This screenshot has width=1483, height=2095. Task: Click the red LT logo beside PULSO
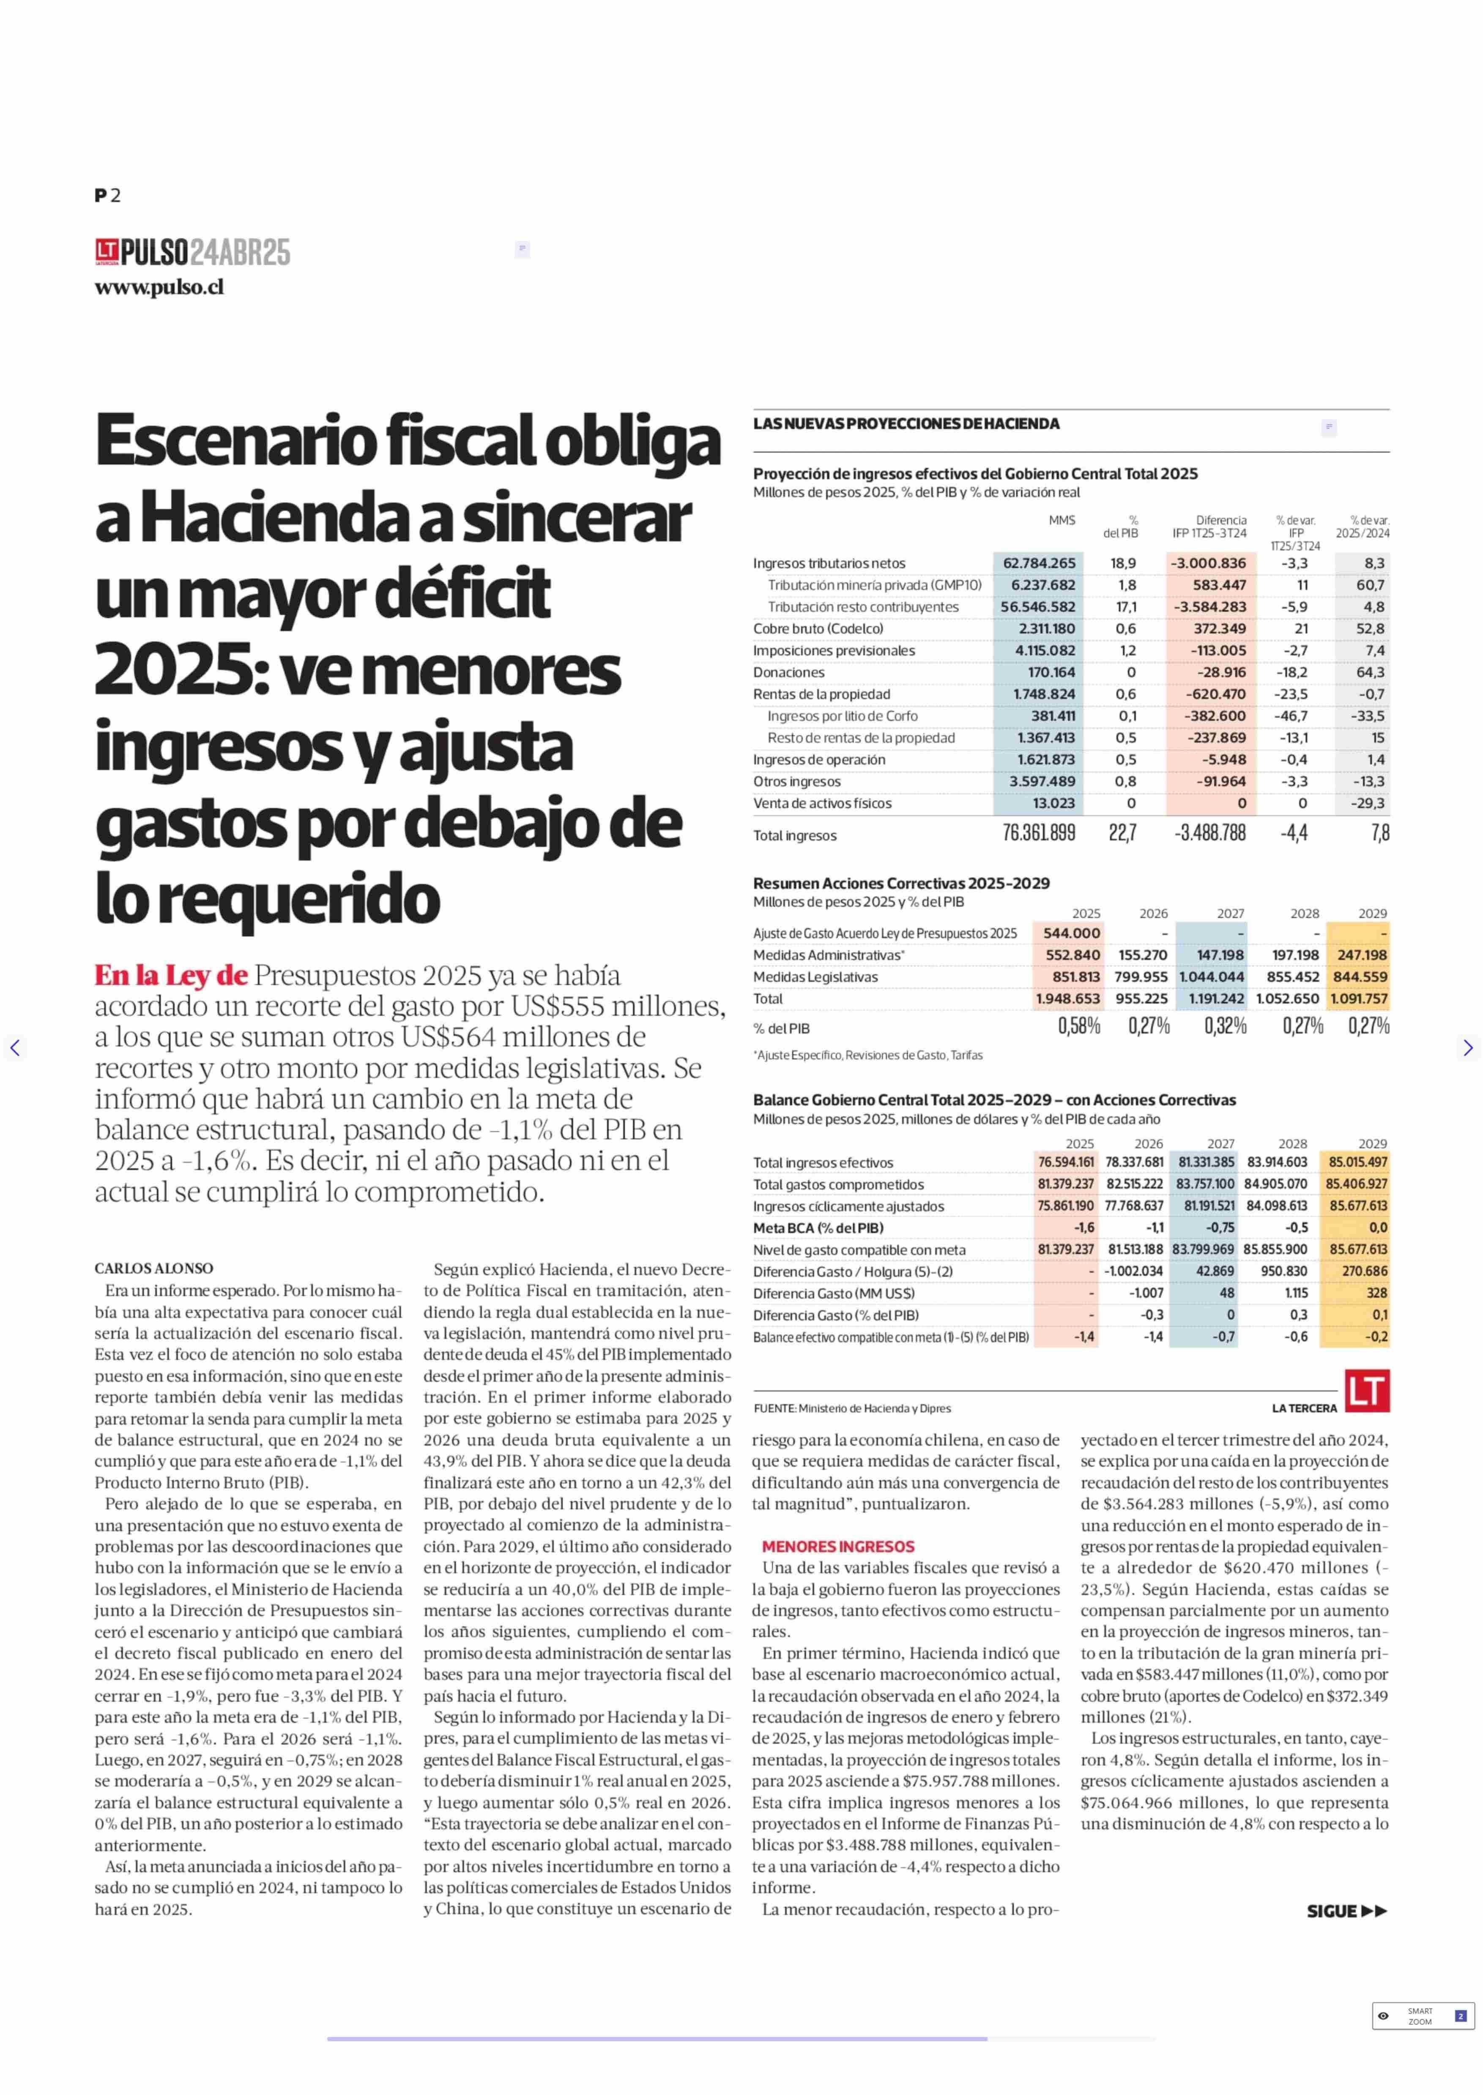pyautogui.click(x=107, y=252)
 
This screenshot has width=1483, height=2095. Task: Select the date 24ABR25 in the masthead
pyautogui.click(x=240, y=252)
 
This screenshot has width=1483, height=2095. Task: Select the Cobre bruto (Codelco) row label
pyautogui.click(x=818, y=629)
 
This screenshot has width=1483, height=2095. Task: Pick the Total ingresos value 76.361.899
pyautogui.click(x=1039, y=832)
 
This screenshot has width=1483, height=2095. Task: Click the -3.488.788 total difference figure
pyautogui.click(x=1210, y=832)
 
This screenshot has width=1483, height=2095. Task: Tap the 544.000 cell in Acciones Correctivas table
pyautogui.click(x=1071, y=933)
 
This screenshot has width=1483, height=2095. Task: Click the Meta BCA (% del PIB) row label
pyautogui.click(x=818, y=1228)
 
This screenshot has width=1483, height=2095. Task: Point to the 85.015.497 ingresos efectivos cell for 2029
pyautogui.click(x=1358, y=1162)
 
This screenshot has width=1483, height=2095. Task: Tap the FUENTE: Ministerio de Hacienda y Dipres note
pyautogui.click(x=852, y=1408)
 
